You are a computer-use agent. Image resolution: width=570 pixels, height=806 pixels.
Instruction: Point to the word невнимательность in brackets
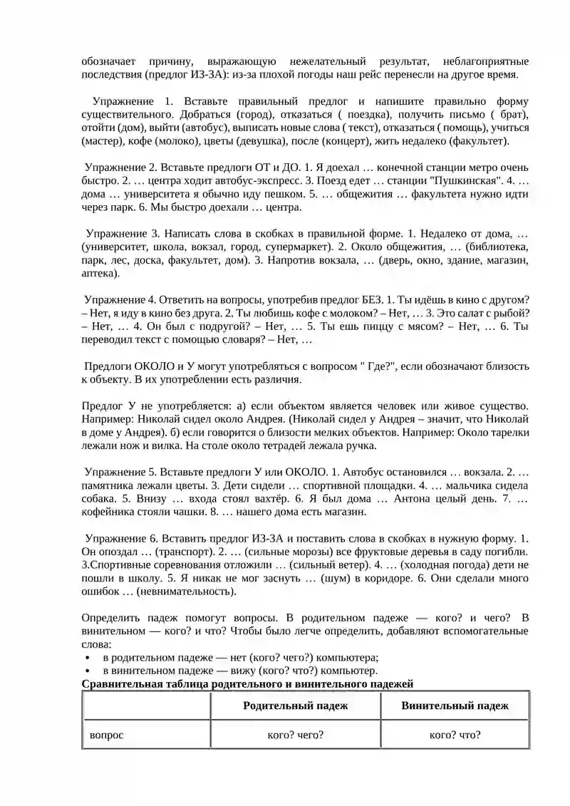coord(189,591)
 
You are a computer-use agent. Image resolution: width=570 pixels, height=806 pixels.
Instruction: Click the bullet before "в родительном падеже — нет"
coord(86,658)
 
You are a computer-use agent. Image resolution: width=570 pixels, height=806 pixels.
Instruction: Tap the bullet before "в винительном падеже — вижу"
coord(86,671)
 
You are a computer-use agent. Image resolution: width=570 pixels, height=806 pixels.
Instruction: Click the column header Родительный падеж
coord(295,706)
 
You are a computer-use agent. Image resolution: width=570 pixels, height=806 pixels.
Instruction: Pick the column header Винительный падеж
coord(455,706)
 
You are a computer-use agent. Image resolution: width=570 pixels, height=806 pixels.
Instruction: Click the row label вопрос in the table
coord(106,735)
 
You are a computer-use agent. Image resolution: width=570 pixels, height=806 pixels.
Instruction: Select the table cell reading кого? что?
coord(455,735)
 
